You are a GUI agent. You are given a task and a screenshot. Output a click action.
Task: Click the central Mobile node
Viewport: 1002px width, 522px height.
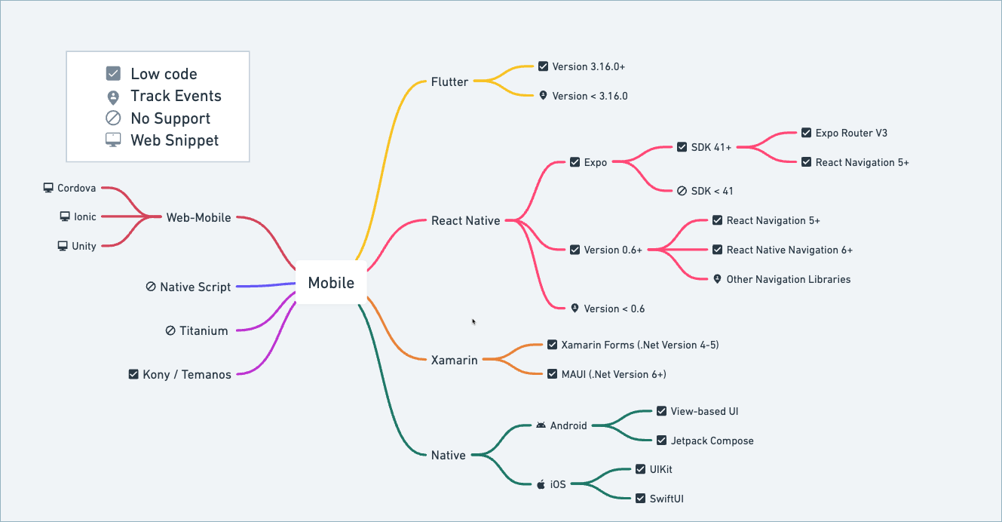tap(331, 283)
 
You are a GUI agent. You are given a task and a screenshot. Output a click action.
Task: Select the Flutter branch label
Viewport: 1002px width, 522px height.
tap(449, 81)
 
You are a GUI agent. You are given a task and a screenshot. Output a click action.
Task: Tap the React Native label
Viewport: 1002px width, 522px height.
tap(465, 221)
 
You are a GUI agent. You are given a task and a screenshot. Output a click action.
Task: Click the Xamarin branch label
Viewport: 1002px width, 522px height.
tap(454, 360)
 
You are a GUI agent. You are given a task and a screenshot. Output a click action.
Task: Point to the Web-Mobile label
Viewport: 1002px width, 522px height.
tap(198, 217)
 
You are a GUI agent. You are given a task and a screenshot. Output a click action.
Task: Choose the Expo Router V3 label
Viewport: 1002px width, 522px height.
tap(851, 133)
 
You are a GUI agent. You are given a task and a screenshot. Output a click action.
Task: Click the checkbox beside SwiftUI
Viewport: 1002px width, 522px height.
tap(640, 498)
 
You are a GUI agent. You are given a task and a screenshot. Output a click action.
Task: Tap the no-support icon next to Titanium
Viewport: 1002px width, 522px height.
tap(170, 330)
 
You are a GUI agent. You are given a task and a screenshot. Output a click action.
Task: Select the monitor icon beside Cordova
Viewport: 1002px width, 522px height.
tap(48, 188)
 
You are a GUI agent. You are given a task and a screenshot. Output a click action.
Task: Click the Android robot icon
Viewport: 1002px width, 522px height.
tap(541, 425)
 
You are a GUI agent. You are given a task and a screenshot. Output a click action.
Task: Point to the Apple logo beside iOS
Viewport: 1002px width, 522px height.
tap(541, 484)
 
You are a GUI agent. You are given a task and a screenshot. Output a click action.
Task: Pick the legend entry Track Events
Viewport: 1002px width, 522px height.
tap(176, 96)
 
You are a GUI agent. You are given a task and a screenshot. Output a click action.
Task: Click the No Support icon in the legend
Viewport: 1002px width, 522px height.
tap(113, 118)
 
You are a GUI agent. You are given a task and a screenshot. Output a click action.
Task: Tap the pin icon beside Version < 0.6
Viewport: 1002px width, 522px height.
tap(575, 308)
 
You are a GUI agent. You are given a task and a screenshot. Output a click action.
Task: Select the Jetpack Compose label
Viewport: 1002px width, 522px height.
tap(712, 441)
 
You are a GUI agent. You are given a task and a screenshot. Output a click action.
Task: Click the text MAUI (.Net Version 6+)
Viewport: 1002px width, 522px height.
tap(614, 374)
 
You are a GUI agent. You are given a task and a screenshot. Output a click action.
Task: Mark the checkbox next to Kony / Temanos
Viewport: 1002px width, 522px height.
tap(133, 373)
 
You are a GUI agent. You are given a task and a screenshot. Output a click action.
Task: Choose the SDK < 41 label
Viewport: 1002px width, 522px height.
tap(712, 191)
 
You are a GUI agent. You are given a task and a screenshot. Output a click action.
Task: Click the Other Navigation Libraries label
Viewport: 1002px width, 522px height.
tap(788, 279)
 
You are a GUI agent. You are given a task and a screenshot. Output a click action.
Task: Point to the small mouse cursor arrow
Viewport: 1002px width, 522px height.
tap(473, 321)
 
